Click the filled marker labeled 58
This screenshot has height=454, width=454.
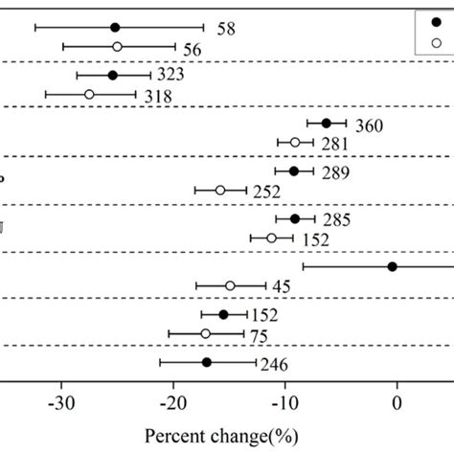click(115, 28)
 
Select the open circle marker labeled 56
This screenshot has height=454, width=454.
click(117, 46)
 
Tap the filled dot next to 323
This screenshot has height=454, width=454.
click(112, 75)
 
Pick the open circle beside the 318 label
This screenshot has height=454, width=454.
click(89, 94)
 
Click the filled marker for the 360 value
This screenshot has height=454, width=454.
click(326, 123)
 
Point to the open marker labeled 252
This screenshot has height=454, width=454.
click(220, 190)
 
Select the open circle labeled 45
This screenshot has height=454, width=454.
click(230, 285)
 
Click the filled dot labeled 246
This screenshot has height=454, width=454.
click(206, 362)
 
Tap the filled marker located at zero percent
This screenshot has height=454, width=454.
click(393, 266)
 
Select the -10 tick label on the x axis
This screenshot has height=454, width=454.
click(284, 400)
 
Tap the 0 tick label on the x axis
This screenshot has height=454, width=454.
click(397, 400)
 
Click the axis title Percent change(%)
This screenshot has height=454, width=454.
click(226, 436)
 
